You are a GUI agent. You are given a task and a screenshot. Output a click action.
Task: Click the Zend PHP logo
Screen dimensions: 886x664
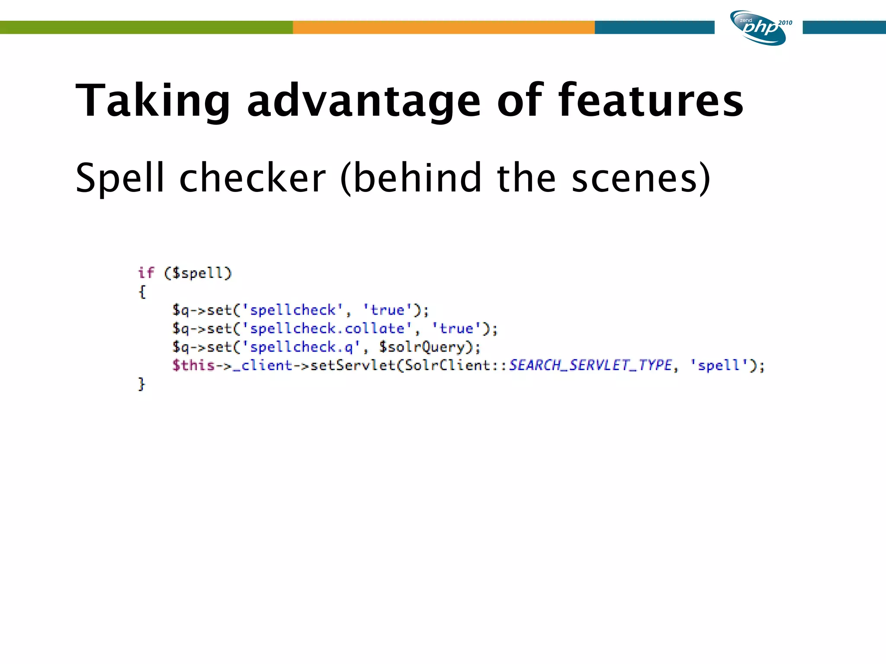tap(758, 28)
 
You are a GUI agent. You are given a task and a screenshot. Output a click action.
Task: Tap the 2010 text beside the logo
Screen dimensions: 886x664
tap(785, 23)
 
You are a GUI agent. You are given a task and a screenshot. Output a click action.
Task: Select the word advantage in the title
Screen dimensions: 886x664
tap(363, 101)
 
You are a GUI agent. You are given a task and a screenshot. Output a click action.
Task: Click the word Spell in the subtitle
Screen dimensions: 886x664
tap(119, 178)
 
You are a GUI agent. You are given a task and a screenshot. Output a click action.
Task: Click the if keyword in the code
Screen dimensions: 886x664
tap(146, 273)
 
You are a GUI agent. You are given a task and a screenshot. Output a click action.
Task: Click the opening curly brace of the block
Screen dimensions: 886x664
tap(142, 292)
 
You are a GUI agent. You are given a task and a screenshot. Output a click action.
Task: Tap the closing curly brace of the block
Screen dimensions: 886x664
tap(141, 384)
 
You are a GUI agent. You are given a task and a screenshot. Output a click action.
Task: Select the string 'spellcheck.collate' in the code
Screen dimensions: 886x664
tap(327, 329)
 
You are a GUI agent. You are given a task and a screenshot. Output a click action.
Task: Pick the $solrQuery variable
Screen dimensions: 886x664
tap(421, 347)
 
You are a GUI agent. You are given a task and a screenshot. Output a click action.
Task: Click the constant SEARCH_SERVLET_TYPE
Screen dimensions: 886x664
tap(590, 366)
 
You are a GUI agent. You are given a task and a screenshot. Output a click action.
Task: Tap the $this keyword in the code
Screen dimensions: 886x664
tap(193, 366)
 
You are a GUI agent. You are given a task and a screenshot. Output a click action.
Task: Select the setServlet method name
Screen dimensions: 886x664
tap(353, 366)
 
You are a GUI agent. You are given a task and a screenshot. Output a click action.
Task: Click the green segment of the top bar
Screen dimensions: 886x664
tap(146, 27)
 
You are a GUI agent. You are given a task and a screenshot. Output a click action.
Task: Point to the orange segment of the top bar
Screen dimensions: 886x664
tap(443, 27)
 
